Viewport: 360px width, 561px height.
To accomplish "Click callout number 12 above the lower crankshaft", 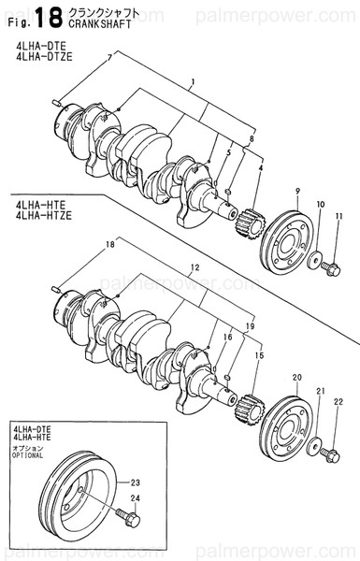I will [x=194, y=267].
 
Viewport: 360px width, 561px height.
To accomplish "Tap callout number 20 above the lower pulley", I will [x=296, y=377].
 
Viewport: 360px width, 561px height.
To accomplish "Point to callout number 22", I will [x=339, y=403].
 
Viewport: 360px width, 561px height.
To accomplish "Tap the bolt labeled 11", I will [x=329, y=267].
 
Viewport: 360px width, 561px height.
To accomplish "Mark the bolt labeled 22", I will [x=329, y=455].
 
